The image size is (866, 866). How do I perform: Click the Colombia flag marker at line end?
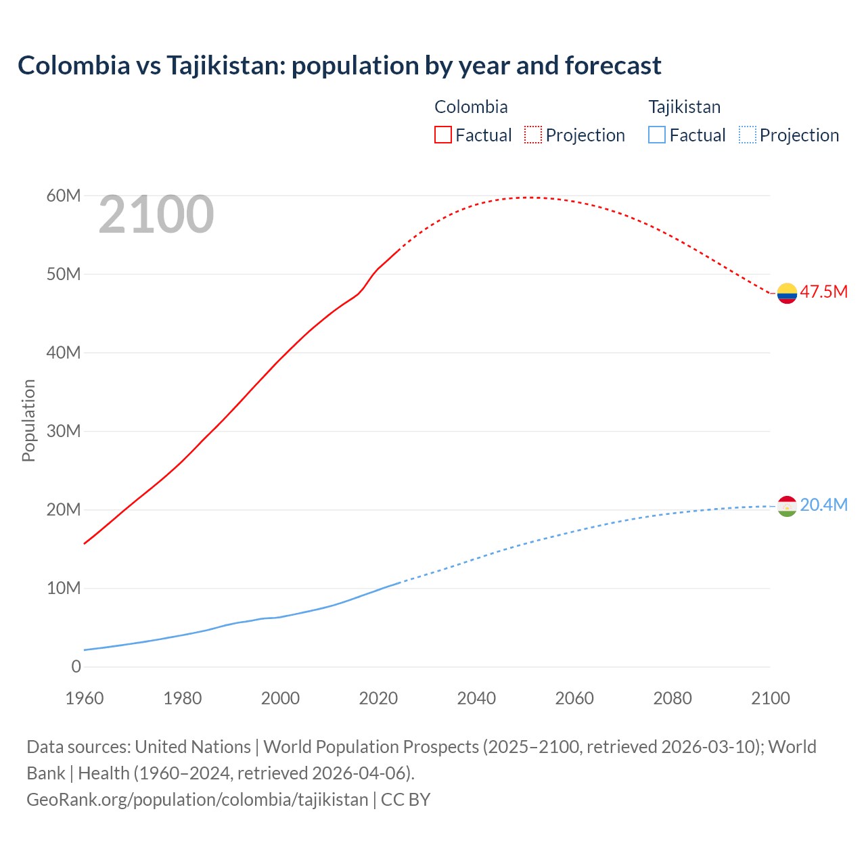coord(787,293)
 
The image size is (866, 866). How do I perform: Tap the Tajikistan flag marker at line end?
coord(787,506)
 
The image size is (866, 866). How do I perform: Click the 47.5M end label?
coord(823,292)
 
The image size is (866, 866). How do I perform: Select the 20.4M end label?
coord(823,505)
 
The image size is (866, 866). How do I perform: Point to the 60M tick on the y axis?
coord(64,196)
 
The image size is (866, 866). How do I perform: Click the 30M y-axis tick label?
coord(64,432)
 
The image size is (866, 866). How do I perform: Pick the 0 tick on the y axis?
coord(76,667)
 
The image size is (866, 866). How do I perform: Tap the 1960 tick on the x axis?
coord(85,698)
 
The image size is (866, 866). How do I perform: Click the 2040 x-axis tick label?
coord(476,698)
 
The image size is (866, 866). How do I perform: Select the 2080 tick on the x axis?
coord(673,698)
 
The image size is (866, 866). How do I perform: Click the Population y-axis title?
coord(28,421)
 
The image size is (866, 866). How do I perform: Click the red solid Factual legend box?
coord(443,135)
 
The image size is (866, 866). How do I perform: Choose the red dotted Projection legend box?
coord(533,135)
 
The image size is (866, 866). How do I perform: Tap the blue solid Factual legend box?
coord(657,135)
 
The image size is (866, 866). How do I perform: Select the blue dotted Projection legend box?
coord(747,135)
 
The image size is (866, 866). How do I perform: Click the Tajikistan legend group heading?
coord(685,107)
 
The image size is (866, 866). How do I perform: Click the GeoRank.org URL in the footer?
coord(197,800)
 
